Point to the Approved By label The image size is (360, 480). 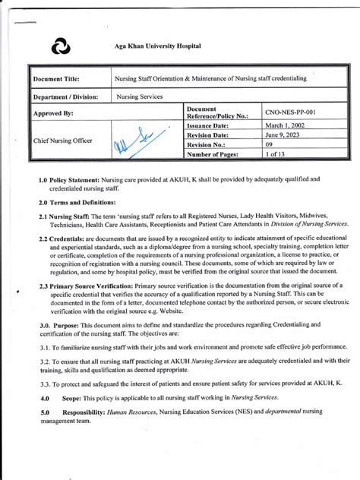[52, 114]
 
